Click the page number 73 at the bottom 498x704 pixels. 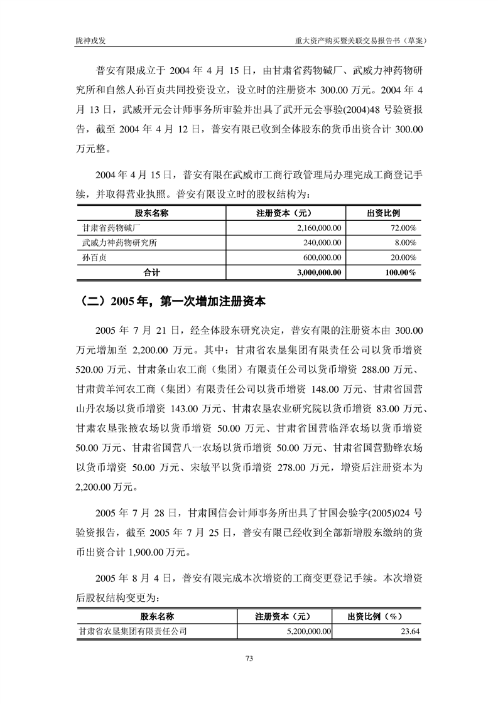pos(249,658)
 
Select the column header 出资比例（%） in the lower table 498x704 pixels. pos(376,617)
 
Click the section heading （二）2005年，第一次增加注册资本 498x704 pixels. pos(173,301)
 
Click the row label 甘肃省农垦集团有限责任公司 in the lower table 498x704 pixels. pos(133,632)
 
